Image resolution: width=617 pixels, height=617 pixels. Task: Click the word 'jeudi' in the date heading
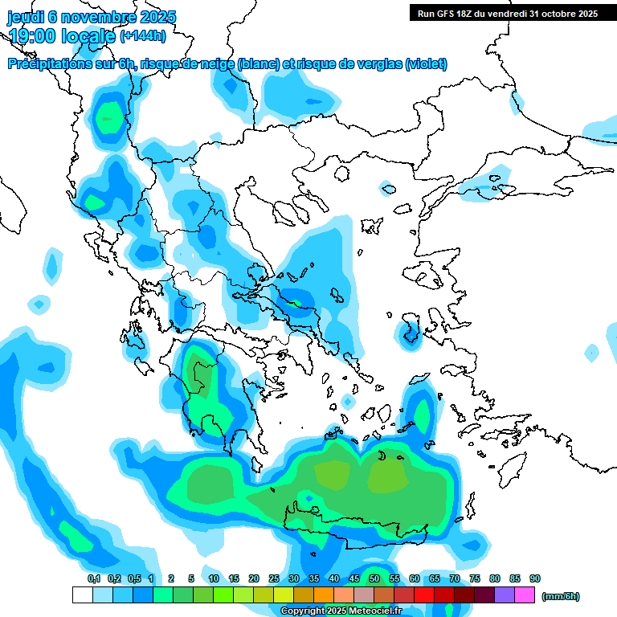26,17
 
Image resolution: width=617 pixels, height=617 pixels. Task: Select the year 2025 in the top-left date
157,17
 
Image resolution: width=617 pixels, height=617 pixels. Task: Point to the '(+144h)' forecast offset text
143,36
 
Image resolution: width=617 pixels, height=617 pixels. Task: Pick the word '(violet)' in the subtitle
426,64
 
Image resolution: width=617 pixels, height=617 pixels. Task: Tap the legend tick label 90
535,578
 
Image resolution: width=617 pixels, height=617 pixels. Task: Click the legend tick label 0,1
94,578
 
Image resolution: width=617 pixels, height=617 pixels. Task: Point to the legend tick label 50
374,578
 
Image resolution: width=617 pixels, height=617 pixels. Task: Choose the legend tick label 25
274,578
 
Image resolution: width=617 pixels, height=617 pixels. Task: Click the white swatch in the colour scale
82,595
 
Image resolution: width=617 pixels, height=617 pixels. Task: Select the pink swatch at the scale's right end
525,595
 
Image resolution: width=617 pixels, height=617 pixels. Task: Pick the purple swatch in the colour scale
505,595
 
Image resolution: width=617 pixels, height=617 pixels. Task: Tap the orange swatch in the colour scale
324,595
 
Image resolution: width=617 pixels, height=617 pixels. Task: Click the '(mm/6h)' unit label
561,596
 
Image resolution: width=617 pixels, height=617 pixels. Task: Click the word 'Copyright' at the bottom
302,611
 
